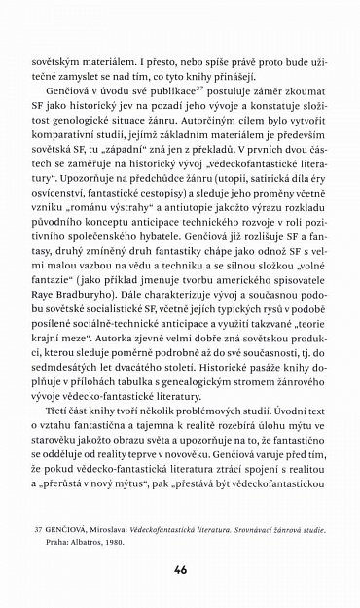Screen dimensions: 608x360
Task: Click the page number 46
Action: [179, 567]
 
